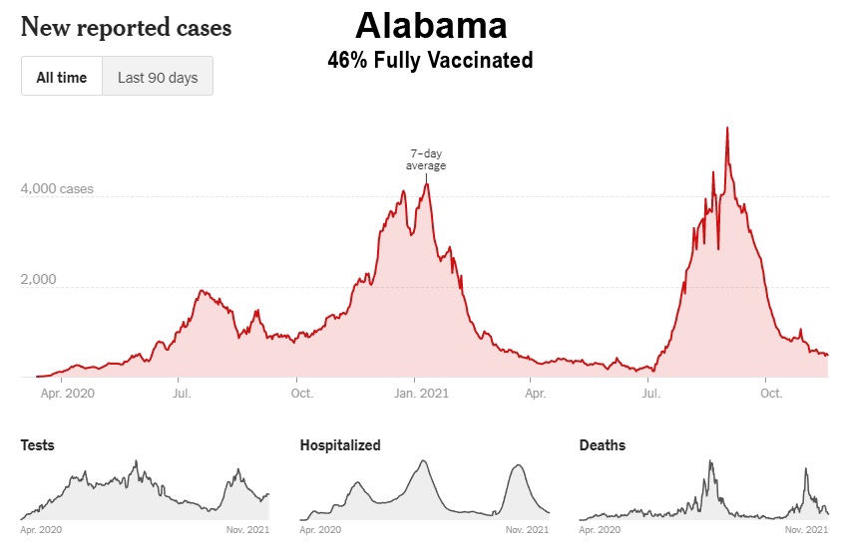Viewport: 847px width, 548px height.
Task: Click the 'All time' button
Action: (62, 77)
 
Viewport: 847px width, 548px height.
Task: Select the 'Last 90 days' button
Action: (158, 77)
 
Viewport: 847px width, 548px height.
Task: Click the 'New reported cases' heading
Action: (126, 27)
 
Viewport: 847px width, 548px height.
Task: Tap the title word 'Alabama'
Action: (431, 24)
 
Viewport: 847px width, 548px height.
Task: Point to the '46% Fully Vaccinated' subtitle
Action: (430, 61)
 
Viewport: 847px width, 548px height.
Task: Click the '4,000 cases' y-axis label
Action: (57, 188)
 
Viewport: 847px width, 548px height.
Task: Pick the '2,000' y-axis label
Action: (40, 279)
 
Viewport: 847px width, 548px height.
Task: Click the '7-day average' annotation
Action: (426, 159)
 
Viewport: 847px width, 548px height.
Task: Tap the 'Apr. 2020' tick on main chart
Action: (67, 393)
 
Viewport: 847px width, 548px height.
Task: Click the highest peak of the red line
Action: (727, 129)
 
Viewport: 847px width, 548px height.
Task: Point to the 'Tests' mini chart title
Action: (38, 445)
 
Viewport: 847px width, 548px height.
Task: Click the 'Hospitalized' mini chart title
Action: (340, 445)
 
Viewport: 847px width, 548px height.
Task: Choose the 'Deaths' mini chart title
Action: (603, 445)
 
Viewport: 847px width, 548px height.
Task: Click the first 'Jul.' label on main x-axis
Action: (182, 393)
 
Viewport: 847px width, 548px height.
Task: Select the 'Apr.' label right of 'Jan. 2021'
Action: (536, 393)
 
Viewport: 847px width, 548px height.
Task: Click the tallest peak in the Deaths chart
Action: (710, 461)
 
